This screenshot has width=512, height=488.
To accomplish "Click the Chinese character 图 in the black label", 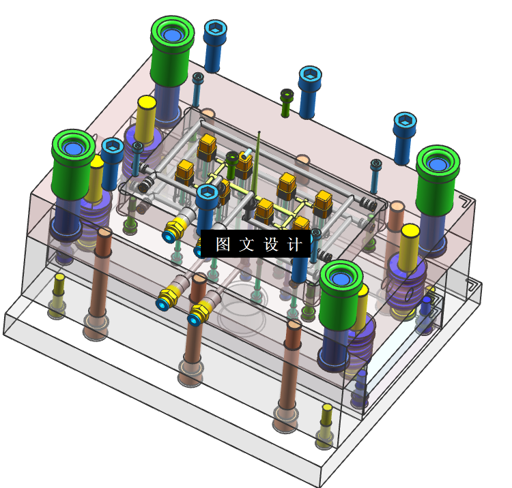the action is point(223,244).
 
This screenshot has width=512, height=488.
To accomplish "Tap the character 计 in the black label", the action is point(294,244).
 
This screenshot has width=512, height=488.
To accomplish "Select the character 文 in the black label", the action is point(246,244).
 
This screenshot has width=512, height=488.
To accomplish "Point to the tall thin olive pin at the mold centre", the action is point(257,163).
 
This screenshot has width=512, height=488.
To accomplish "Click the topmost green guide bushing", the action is point(171,50).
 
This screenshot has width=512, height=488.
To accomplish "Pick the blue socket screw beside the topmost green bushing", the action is point(214,46).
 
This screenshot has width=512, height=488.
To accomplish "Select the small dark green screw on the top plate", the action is point(286,103).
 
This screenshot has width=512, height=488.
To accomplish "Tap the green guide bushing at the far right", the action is point(437,180).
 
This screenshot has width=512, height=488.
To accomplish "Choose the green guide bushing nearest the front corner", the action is point(340,294).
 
